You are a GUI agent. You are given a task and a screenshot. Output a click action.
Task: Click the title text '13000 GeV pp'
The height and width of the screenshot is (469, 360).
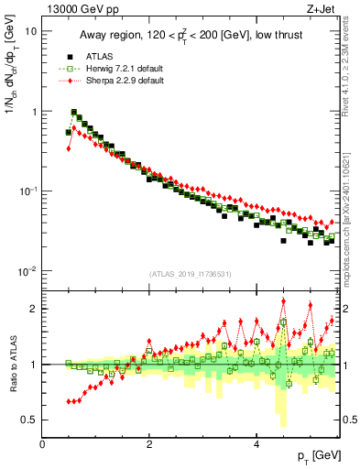click(x=80, y=11)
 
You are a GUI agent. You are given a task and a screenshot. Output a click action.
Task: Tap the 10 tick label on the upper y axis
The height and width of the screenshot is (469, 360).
click(x=30, y=31)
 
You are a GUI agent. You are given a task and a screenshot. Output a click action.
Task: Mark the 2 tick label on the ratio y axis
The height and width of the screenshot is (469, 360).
click(x=35, y=309)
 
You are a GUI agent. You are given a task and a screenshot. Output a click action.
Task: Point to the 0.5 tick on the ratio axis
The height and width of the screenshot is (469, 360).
click(x=31, y=420)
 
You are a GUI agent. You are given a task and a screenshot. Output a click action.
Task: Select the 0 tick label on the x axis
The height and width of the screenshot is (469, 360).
click(x=42, y=443)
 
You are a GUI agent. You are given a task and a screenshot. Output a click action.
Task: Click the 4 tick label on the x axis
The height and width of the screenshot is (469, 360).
click(x=256, y=443)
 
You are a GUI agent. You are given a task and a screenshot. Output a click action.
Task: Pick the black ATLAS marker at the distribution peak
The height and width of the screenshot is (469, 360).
click(x=74, y=114)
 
